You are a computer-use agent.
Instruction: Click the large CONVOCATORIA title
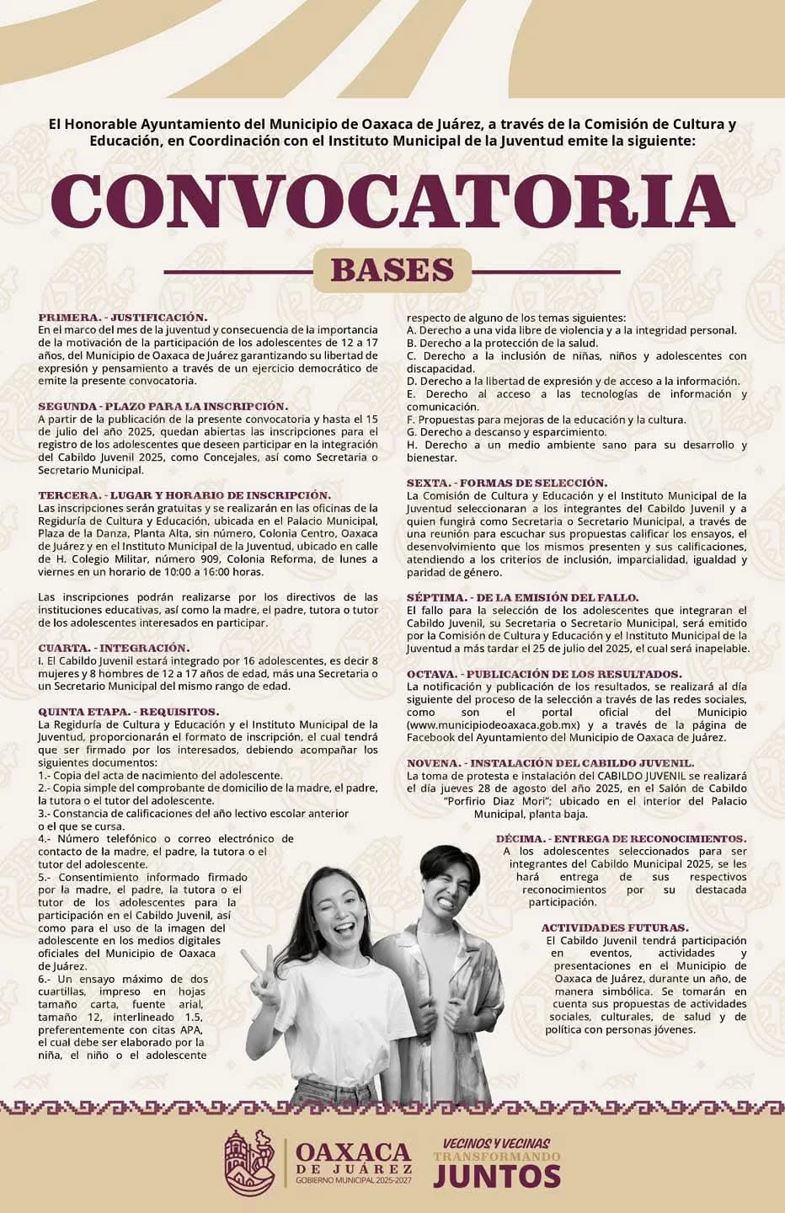click(x=392, y=202)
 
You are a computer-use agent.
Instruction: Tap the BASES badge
click(x=392, y=270)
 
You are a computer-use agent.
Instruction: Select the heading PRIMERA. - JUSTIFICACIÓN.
click(x=123, y=318)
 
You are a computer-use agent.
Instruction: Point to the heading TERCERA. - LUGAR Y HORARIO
click(x=184, y=495)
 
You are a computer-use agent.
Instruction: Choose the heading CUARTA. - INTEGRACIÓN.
click(x=115, y=648)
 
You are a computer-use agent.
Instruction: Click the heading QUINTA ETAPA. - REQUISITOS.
click(x=129, y=712)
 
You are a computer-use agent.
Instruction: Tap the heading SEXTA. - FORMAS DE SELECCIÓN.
click(x=506, y=484)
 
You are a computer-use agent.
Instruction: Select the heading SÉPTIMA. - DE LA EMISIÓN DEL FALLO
click(x=522, y=597)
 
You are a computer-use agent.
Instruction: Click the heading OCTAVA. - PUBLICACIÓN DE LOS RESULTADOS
click(x=544, y=674)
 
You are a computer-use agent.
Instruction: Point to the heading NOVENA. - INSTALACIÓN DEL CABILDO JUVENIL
click(x=550, y=763)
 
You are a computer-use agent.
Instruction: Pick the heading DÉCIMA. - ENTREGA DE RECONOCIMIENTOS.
click(x=621, y=839)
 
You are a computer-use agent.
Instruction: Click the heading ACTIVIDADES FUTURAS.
click(x=615, y=927)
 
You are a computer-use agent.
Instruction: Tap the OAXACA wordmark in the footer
click(x=354, y=1152)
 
